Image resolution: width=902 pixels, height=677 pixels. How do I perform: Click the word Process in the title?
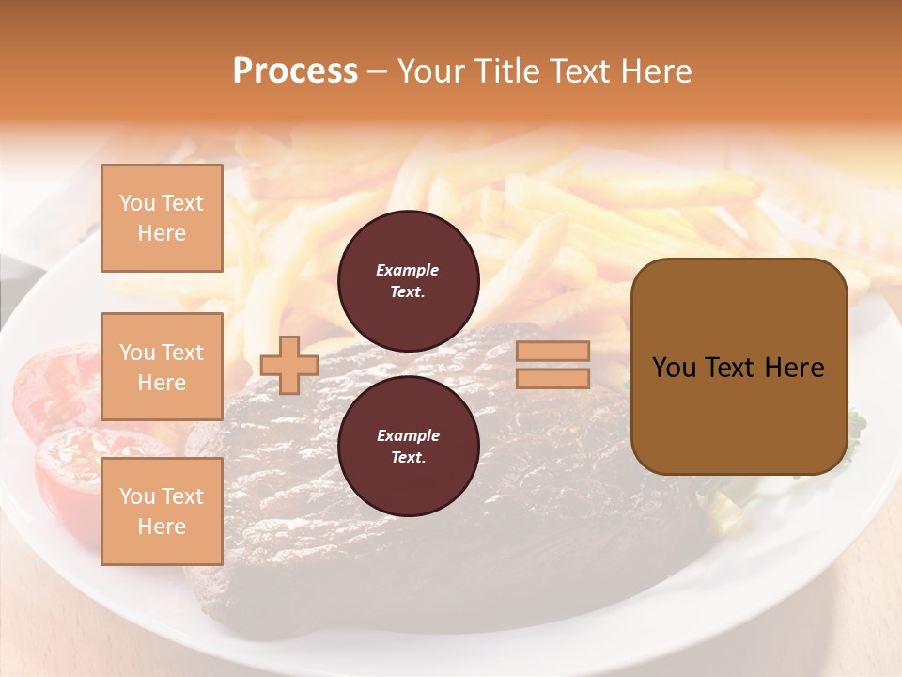(295, 71)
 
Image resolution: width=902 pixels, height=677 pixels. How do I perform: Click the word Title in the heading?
(502, 71)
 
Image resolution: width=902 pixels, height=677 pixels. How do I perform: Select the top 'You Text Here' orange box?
(162, 218)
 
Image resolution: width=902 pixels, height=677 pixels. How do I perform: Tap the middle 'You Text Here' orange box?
(162, 367)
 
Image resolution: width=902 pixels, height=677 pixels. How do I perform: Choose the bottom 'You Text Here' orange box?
(162, 512)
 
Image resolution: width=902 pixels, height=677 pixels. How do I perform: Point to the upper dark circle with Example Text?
(408, 281)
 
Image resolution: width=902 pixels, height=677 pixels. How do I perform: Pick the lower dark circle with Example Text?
(408, 447)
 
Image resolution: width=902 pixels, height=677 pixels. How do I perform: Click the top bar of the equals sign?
(552, 352)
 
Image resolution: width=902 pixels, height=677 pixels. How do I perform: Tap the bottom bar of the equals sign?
(552, 379)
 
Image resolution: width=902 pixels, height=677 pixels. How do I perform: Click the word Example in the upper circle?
(408, 271)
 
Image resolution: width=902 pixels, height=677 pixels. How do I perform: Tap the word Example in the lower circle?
(408, 436)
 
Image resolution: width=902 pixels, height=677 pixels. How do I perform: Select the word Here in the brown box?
(794, 368)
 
